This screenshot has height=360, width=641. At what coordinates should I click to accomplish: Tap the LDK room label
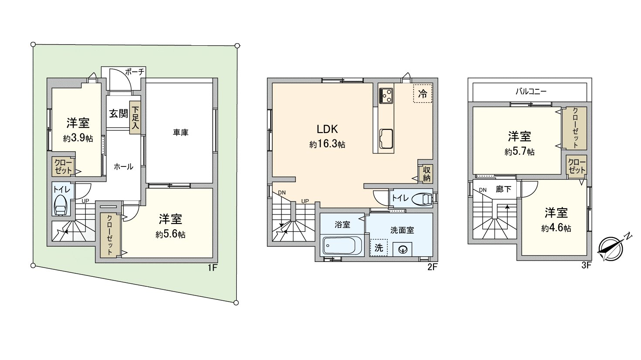(x=327, y=129)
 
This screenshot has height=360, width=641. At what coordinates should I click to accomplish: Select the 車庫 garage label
(x=180, y=132)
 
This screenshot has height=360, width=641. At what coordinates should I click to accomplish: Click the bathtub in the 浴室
(x=343, y=246)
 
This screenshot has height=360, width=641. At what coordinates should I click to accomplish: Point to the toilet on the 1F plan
(x=60, y=205)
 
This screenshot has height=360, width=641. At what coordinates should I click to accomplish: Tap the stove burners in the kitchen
(x=386, y=95)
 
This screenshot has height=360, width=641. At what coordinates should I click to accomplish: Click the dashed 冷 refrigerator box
(x=422, y=93)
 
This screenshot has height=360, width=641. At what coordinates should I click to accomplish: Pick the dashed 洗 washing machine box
(x=379, y=247)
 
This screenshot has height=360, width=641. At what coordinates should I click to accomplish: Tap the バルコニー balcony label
(x=530, y=92)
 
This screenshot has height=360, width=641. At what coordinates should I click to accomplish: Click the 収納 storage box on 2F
(x=426, y=174)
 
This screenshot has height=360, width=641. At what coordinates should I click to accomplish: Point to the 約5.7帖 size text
(x=519, y=152)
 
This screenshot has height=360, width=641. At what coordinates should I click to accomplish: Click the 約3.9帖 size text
(x=78, y=139)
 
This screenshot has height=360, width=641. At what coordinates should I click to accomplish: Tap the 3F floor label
(x=586, y=265)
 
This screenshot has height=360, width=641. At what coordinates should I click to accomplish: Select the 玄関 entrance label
(x=118, y=114)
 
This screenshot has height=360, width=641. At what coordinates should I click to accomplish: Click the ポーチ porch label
(x=134, y=72)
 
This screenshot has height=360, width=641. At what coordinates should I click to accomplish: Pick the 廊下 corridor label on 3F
(x=503, y=190)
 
